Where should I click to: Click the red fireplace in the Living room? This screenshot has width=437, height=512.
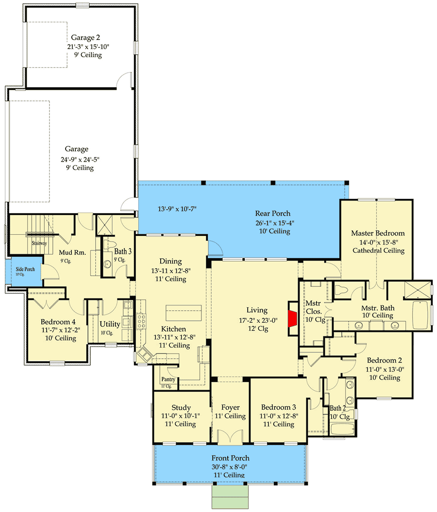[292, 318]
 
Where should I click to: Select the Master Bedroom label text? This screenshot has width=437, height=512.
[378, 233]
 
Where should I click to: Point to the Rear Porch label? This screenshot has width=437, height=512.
[273, 214]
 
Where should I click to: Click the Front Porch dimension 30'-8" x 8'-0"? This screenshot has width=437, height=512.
[231, 467]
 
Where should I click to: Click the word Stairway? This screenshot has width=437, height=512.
[39, 243]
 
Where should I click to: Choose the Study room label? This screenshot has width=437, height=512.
[181, 408]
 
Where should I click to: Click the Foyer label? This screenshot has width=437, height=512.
[230, 408]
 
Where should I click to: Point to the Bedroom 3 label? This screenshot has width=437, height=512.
[278, 408]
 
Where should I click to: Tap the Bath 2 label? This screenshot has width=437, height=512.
[339, 408]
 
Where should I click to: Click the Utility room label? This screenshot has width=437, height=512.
[110, 324]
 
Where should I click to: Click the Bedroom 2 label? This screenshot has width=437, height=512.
[384, 361]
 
